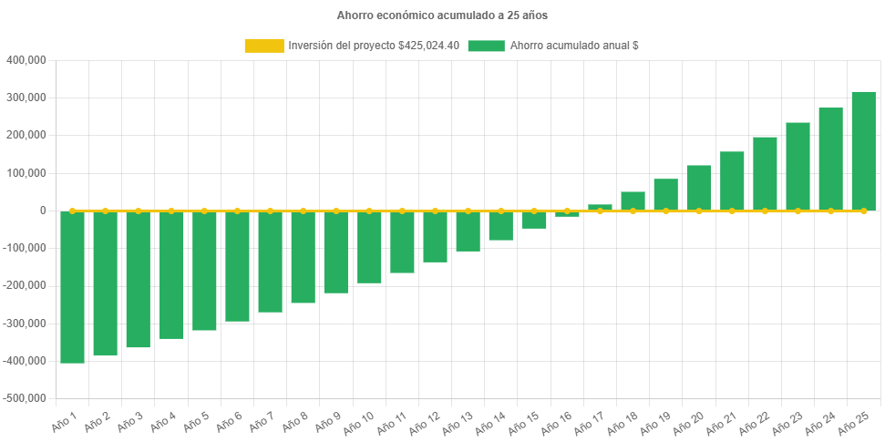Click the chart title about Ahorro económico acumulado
pos(442,15)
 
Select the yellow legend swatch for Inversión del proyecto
pos(263,46)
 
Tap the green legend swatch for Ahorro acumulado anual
pos(486,46)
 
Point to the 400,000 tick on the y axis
pos(26,60)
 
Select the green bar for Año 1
pos(72,287)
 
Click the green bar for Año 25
pos(863,151)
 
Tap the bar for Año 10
pos(369,247)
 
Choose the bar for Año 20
pos(698,188)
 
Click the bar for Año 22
pos(765,174)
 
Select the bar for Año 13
pos(468,231)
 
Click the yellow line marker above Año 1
pos(72,211)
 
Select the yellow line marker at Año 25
pos(863,211)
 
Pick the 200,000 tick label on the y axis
pos(26,135)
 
